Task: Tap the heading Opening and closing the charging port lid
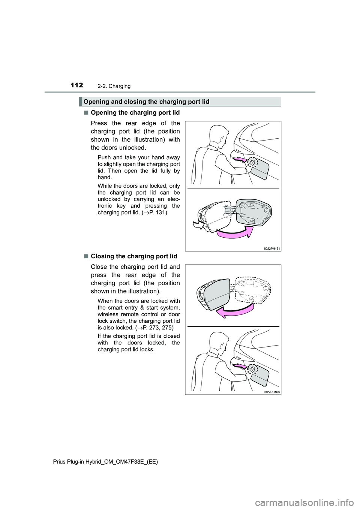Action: click(x=146, y=102)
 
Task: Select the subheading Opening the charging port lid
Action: click(x=135, y=112)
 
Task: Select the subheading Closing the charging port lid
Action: click(x=134, y=256)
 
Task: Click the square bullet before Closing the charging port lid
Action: click(x=86, y=256)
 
